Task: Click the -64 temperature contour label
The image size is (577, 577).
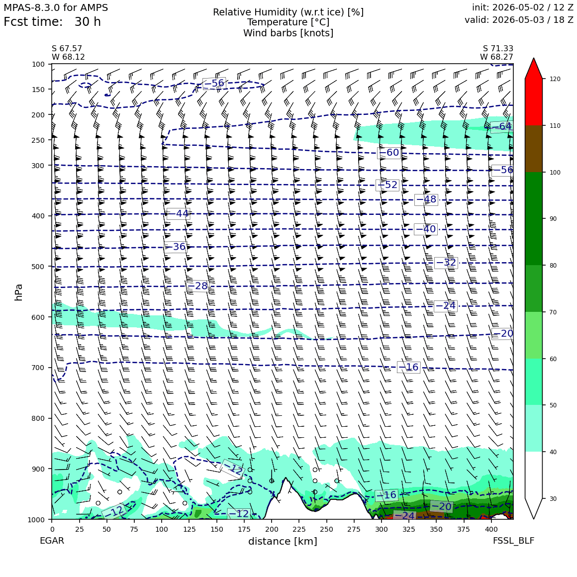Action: coord(501,126)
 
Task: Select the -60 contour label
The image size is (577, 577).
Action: coord(389,152)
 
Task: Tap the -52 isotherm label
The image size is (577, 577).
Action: coord(387,185)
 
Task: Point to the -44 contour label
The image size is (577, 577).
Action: coord(179,213)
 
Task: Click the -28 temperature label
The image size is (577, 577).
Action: coord(197,286)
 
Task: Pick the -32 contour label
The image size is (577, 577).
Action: coord(446,262)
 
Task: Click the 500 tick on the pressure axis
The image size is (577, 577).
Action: coord(38,267)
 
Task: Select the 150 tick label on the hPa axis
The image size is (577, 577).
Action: coord(38,90)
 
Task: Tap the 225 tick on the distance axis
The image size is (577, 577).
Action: coord(299,529)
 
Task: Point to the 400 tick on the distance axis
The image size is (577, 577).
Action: coord(491,529)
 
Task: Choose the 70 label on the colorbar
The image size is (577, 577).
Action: coord(553,312)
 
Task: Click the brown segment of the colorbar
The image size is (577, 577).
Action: coord(534,149)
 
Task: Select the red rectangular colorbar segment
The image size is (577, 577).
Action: coord(534,102)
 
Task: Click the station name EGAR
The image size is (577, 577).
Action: coord(52,541)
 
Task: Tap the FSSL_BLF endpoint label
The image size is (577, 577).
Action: coord(514,541)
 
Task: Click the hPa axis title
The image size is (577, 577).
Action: coord(18,292)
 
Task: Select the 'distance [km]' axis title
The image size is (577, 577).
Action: coord(283,541)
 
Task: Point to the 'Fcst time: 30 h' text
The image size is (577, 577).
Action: coord(52,22)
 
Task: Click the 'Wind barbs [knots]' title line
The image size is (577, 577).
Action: coord(288,33)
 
